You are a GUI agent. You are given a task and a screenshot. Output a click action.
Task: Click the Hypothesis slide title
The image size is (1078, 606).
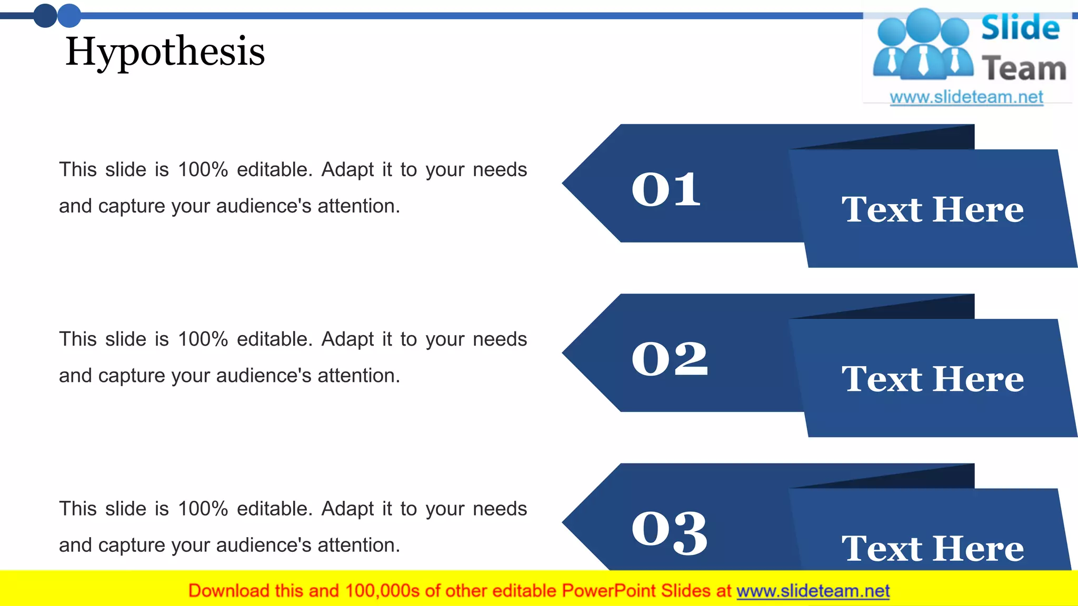tap(165, 52)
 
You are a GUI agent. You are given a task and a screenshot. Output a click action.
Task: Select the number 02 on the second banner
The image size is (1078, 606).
tap(670, 359)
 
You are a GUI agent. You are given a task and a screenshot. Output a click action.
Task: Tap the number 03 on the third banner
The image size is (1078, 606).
tap(670, 532)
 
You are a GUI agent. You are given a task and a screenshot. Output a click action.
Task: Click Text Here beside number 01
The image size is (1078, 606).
tap(932, 209)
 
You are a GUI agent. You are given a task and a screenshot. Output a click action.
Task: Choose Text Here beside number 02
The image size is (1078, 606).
tap(932, 379)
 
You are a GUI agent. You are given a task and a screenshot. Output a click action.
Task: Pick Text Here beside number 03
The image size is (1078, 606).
tap(932, 548)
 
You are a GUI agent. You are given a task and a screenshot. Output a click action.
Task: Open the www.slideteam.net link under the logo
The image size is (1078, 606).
tap(966, 97)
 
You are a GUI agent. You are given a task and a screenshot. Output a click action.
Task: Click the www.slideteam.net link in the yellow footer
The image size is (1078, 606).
tap(813, 591)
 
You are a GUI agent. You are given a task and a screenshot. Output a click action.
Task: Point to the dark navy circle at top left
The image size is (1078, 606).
tap(45, 15)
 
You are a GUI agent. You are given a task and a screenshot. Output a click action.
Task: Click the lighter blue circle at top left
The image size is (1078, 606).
tap(69, 15)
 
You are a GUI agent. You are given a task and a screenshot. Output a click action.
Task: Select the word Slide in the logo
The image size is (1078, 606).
tap(1020, 28)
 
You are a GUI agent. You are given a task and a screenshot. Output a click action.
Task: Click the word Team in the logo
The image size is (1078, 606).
tap(1024, 69)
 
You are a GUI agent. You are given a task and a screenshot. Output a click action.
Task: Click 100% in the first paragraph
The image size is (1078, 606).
tap(203, 170)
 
